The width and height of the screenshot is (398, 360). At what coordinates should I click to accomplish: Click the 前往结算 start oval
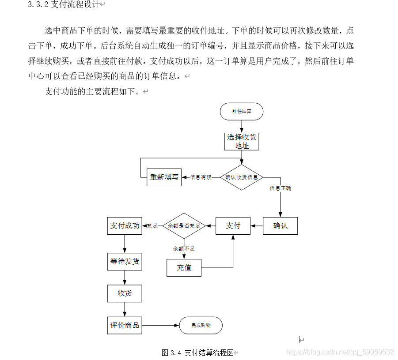(241, 112)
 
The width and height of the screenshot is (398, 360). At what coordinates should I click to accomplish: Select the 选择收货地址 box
(241, 141)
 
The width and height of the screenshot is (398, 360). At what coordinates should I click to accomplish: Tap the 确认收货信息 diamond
(242, 177)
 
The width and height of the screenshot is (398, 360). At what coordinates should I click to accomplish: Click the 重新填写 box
(164, 177)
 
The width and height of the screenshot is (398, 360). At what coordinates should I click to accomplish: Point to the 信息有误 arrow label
(201, 177)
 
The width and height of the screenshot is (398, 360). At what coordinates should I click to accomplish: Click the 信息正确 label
(280, 188)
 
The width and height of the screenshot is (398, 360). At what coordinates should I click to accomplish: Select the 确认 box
(280, 226)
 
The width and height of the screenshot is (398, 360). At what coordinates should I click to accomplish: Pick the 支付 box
(233, 226)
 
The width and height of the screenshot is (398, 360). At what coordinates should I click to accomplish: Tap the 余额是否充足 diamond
(184, 226)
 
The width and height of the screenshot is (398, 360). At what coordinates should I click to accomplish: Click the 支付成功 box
(125, 226)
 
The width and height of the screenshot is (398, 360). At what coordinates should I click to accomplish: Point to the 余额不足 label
(184, 249)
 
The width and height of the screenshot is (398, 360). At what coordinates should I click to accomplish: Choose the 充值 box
(184, 268)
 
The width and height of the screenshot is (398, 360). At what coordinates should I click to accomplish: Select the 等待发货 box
(125, 262)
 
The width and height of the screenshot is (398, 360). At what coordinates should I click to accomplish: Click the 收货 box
(125, 293)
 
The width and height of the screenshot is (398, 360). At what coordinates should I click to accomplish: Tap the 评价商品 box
(125, 326)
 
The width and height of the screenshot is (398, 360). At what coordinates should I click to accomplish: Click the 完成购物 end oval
(201, 326)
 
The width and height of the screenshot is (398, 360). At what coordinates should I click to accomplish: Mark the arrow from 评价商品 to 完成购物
(160, 326)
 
